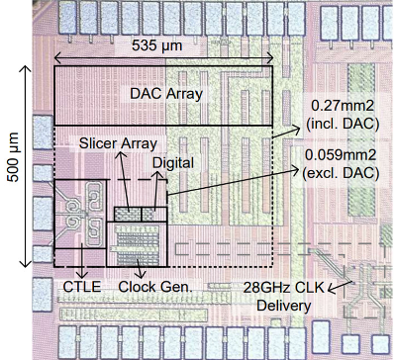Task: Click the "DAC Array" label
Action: click(166, 94)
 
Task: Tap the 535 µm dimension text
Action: click(157, 45)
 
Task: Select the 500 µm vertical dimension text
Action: click(14, 157)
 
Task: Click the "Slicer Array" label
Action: click(118, 143)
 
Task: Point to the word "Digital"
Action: click(173, 163)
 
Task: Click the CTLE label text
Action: click(82, 287)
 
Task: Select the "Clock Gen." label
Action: click(155, 287)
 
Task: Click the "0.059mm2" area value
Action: click(341, 155)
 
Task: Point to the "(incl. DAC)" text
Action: click(343, 124)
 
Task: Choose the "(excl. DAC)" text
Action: click(341, 173)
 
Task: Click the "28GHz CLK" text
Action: click(284, 288)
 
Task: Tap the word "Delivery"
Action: click(284, 306)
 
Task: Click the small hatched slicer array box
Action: click(128, 214)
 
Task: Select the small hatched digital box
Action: click(154, 214)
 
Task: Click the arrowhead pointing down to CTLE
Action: click(82, 276)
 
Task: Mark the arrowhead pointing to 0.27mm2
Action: click(296, 128)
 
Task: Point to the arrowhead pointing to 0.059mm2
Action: click(294, 167)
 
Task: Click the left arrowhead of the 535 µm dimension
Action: click(57, 59)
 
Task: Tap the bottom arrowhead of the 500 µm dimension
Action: click(26, 263)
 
